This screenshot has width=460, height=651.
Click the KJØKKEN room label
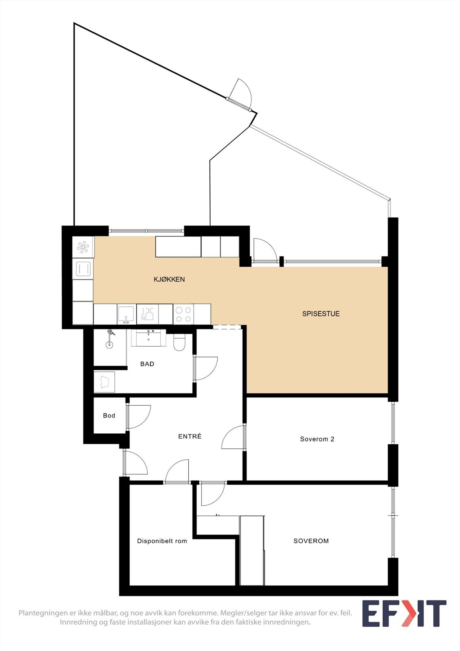169,280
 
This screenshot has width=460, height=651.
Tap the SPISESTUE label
321,314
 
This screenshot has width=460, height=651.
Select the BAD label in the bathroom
147,364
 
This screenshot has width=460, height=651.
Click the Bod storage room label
109,415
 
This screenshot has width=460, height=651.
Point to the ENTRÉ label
190,436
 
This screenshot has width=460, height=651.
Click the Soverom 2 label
317,439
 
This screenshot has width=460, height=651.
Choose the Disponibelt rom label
162,541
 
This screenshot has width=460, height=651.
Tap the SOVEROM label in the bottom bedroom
311,541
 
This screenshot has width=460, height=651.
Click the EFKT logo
404,614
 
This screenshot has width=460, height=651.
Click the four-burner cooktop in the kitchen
183,314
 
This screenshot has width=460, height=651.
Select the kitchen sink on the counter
126,314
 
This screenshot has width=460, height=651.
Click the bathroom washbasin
149,337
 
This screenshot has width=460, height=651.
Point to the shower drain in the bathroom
109,345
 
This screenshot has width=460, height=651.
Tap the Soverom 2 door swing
233,437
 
